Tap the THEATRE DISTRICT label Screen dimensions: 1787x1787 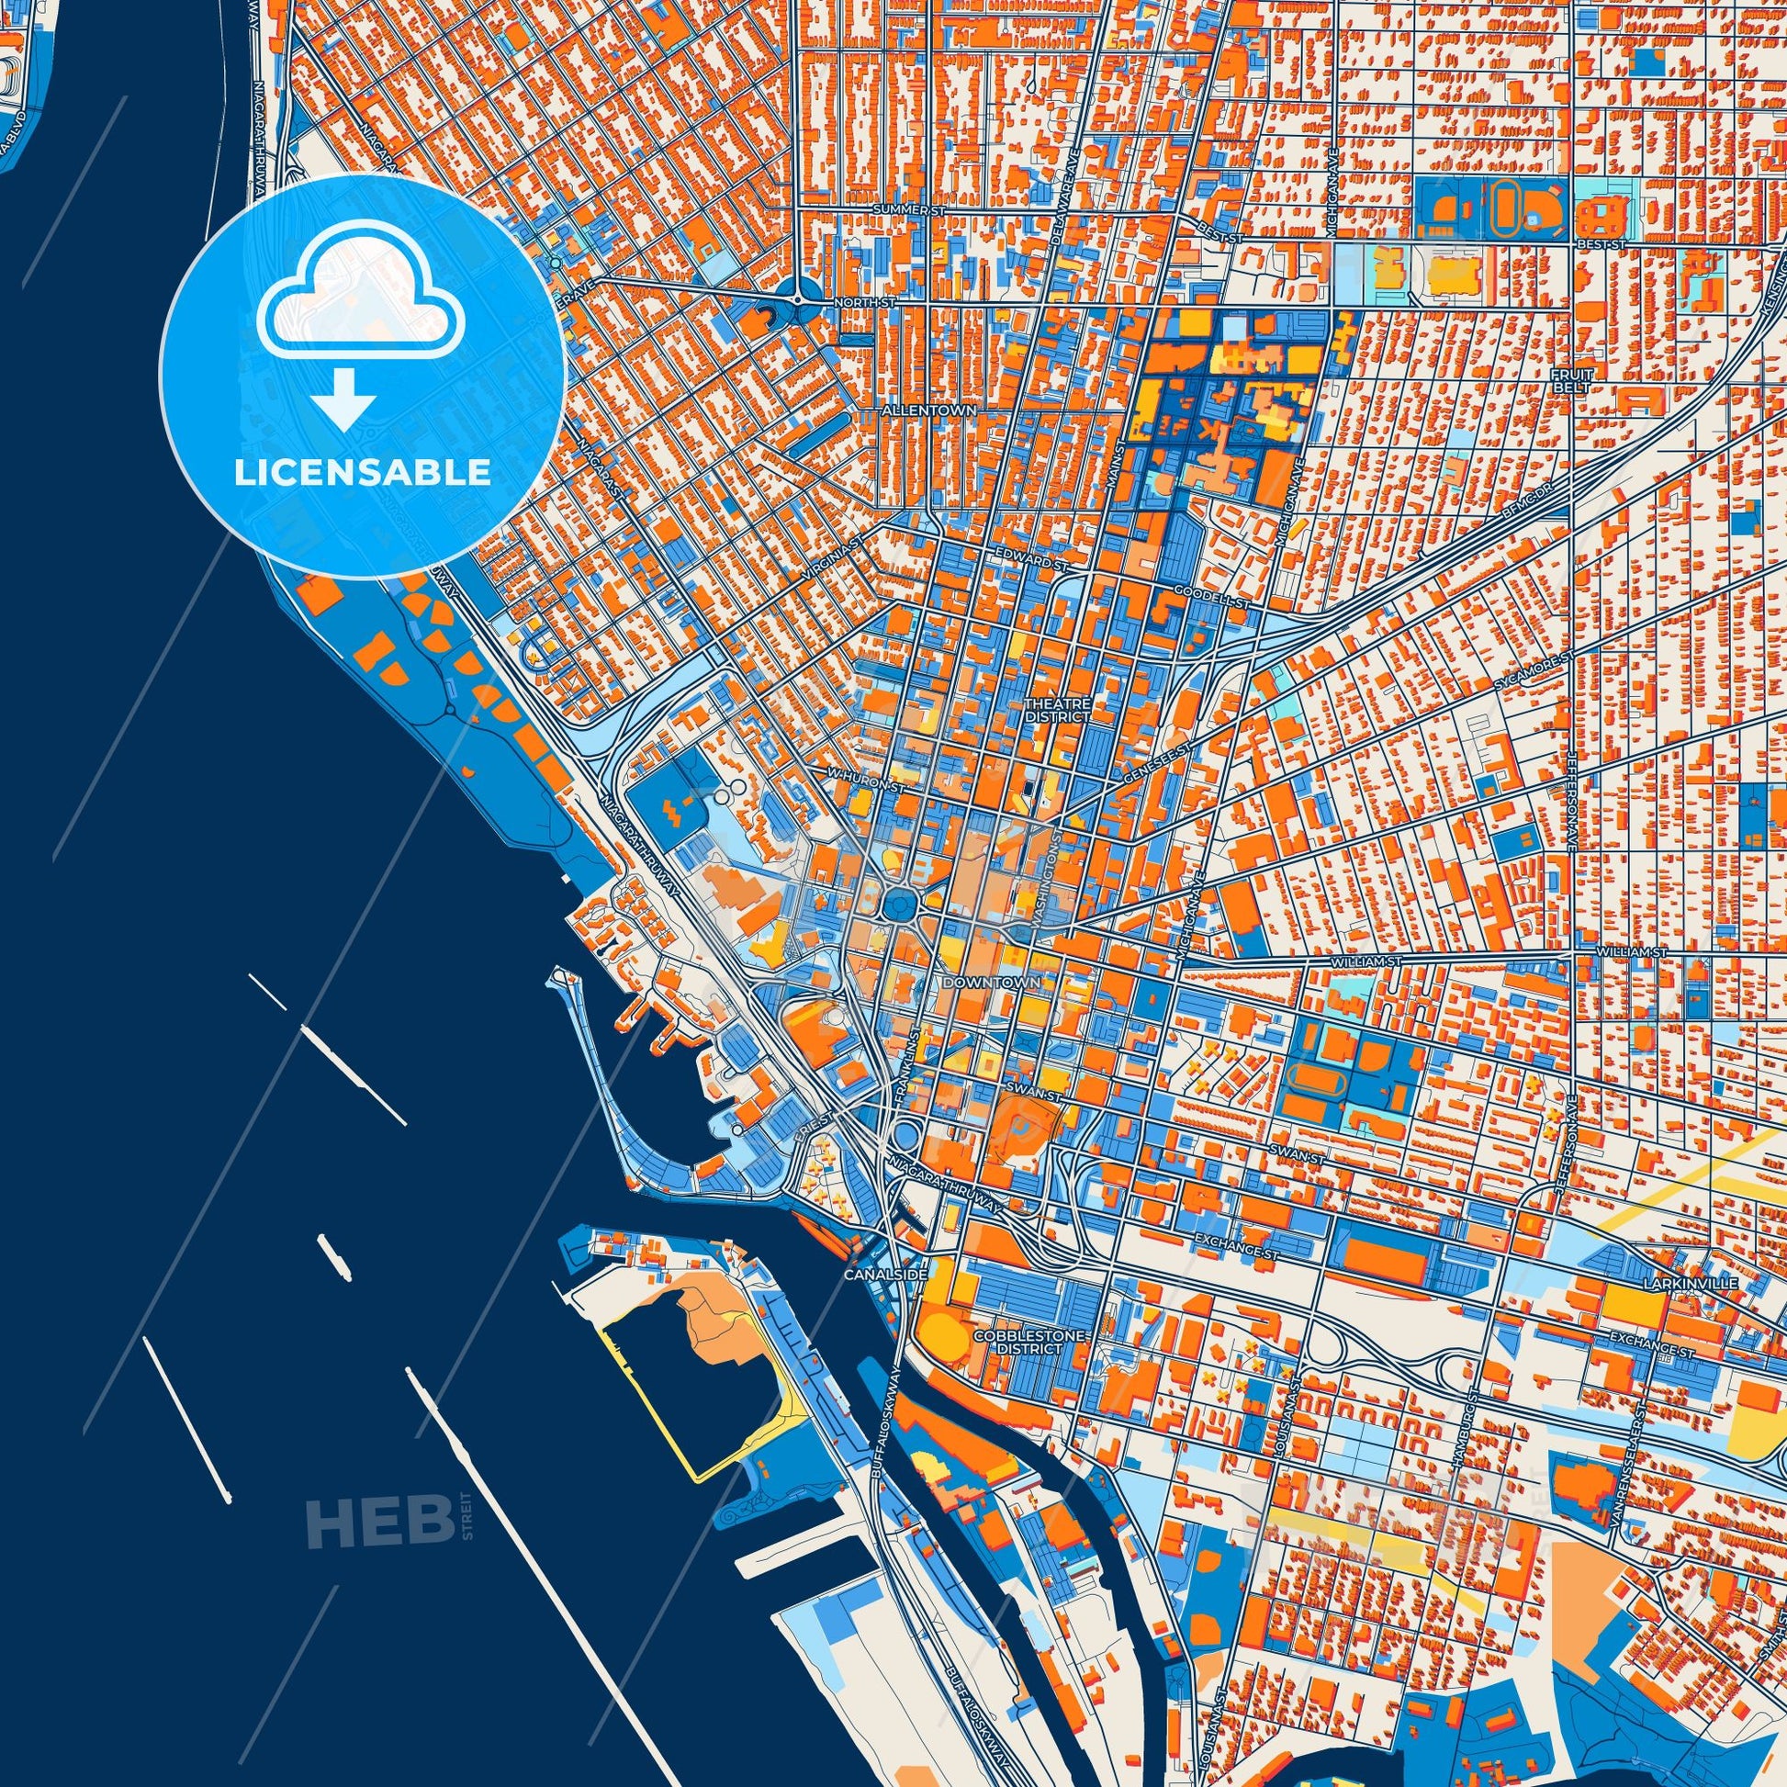(1057, 711)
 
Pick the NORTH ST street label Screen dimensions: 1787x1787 (860, 302)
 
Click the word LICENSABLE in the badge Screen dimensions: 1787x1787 (363, 473)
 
